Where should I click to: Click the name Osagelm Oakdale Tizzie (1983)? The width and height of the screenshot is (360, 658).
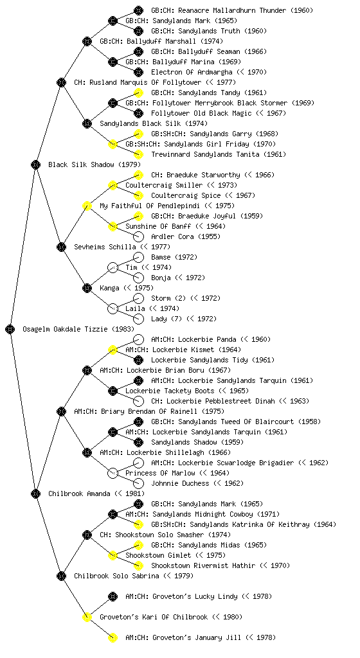pos(78,329)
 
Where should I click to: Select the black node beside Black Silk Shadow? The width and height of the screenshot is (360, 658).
pos(35,164)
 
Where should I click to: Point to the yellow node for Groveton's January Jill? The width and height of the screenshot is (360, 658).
pos(113,637)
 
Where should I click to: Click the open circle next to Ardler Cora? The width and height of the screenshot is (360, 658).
pos(138,236)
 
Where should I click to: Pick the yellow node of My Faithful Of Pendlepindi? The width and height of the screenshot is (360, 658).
pos(87,206)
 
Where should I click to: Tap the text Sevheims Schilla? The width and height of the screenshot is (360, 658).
pos(105,247)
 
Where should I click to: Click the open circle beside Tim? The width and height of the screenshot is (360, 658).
pos(113,267)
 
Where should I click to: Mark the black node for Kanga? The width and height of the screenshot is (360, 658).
pos(87,288)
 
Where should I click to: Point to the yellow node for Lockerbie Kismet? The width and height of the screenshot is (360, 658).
pos(113,350)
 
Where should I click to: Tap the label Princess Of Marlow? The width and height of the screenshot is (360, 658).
pos(160,473)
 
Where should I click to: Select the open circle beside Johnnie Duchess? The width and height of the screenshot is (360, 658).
pos(138,483)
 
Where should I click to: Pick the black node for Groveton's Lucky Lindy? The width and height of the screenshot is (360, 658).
pos(113,596)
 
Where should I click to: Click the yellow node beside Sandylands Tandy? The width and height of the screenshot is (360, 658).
pos(138,93)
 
